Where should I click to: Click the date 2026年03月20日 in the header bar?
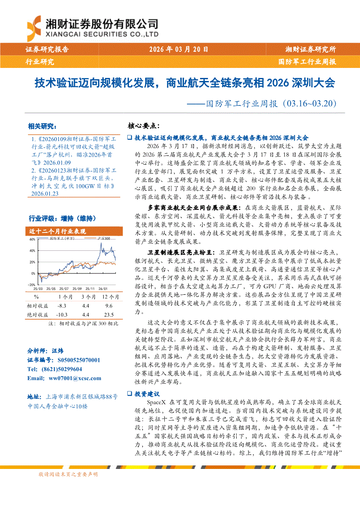[x=178, y=50]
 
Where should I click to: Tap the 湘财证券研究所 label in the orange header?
[x=310, y=50]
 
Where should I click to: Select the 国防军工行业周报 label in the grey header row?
[x=307, y=62]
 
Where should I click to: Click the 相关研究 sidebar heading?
[x=42, y=127]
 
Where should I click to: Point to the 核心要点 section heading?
[x=143, y=126]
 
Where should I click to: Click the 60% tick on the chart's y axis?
[x=32, y=239]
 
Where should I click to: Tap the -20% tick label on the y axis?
[x=31, y=284]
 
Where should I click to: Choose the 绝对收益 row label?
[x=38, y=314]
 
